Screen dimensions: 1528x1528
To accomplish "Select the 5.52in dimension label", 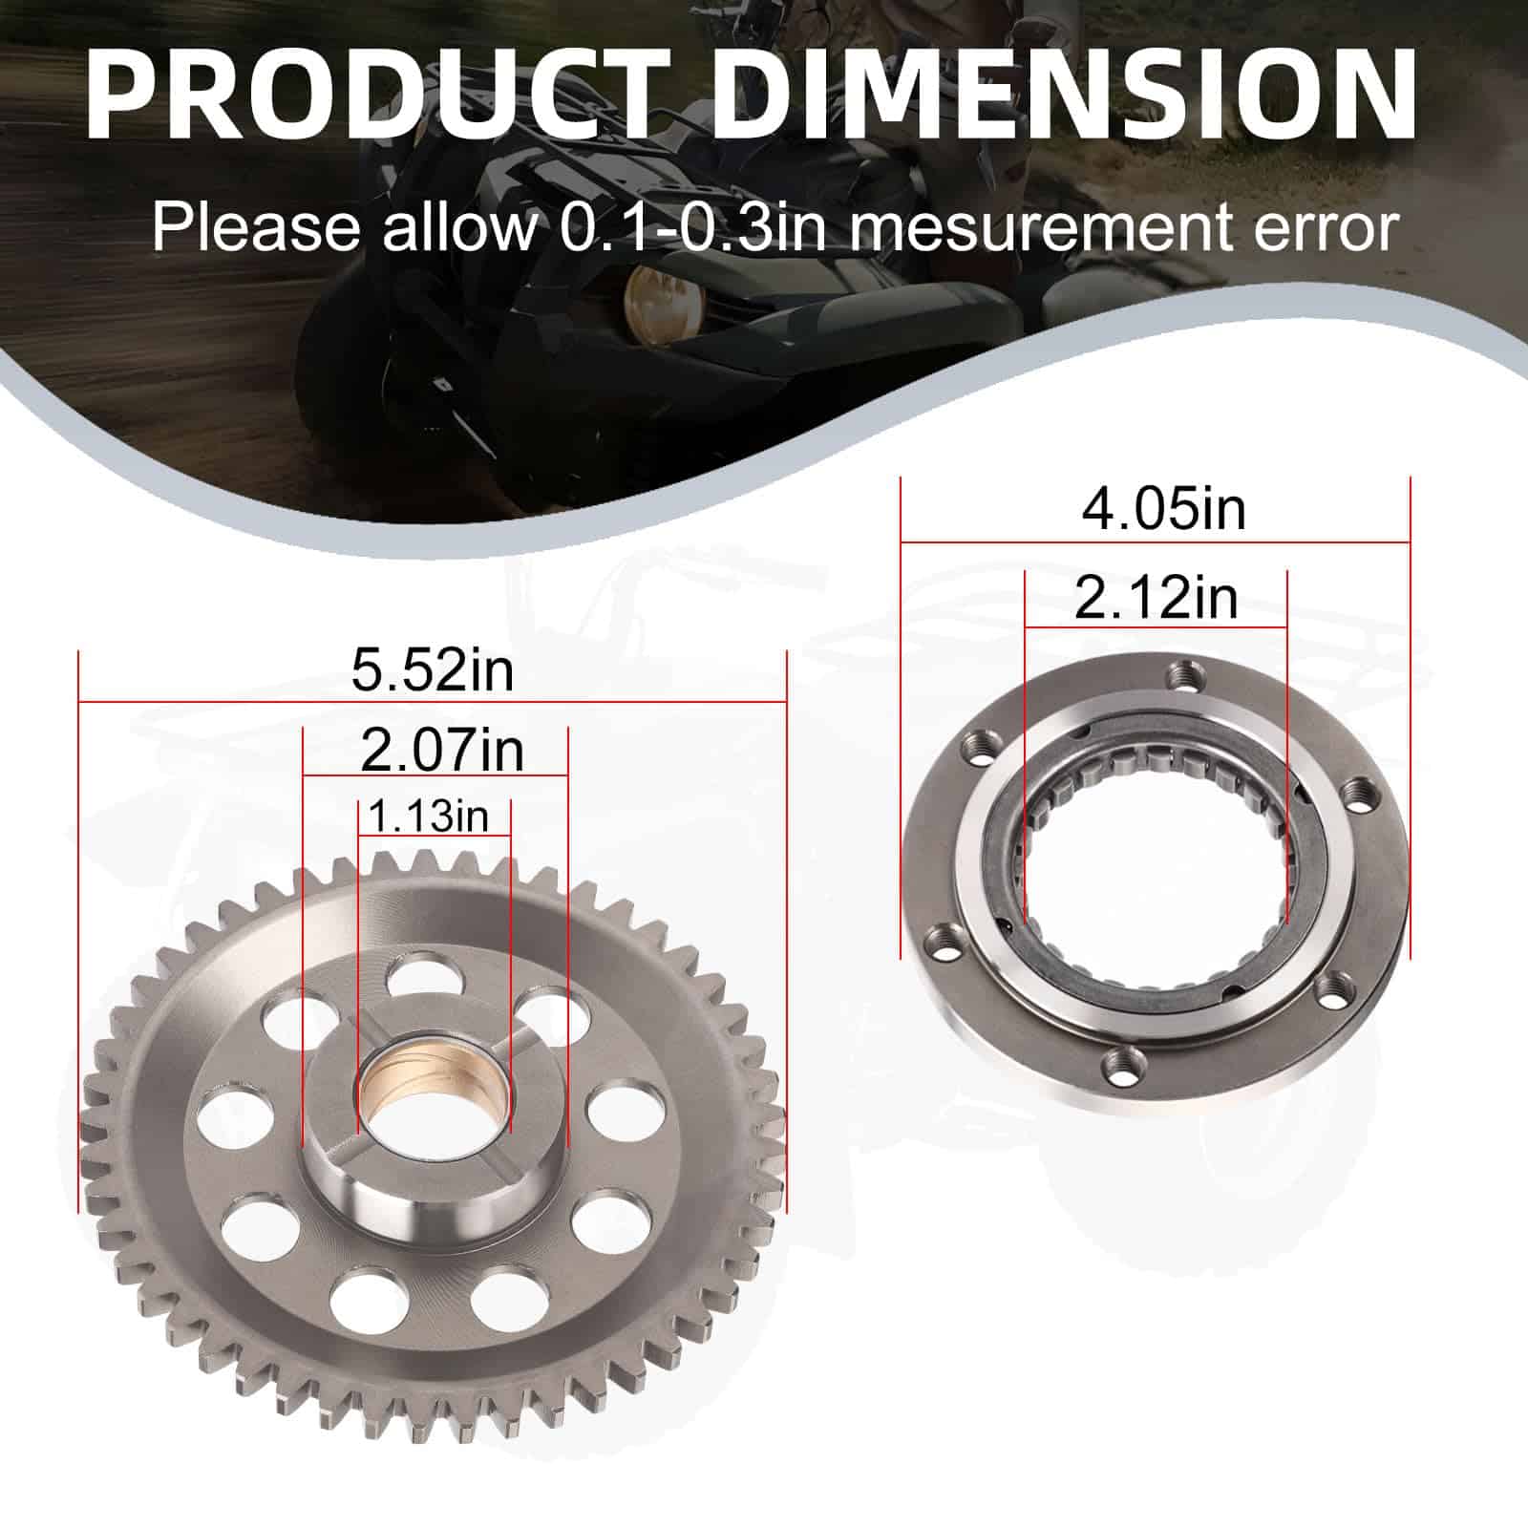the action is [x=433, y=669].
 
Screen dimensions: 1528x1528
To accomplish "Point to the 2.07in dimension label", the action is [x=442, y=751].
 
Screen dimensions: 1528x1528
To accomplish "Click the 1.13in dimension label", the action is [x=428, y=817].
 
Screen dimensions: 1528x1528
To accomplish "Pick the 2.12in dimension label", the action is [x=1156, y=599].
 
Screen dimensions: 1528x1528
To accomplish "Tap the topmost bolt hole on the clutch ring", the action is [x=1184, y=676].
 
